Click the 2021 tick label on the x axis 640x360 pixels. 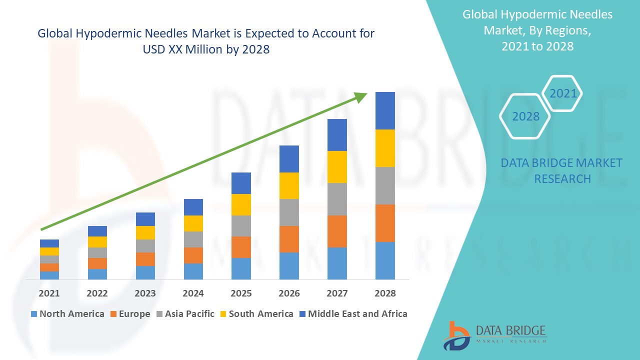click(49, 293)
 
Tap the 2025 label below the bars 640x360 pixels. click(241, 293)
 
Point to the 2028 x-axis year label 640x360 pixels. click(385, 293)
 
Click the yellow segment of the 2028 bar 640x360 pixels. click(385, 148)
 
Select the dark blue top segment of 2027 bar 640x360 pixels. click(337, 135)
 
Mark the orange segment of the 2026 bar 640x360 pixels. click(289, 239)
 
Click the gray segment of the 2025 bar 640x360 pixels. click(241, 226)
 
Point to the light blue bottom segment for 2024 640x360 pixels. click(193, 271)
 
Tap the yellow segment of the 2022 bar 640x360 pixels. click(97, 242)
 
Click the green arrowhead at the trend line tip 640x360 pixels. click(360, 97)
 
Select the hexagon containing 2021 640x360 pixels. click(562, 93)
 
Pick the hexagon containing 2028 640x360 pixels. click(525, 116)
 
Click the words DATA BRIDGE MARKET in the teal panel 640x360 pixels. click(562, 163)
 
